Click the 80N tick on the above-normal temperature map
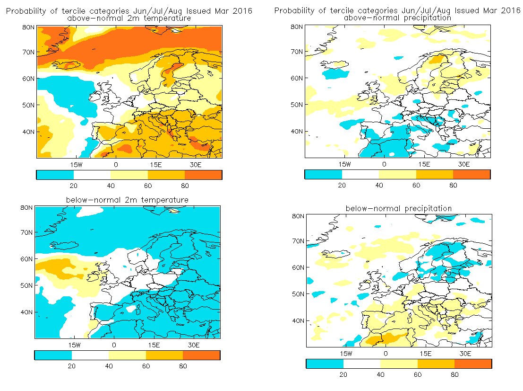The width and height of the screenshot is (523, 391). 28,27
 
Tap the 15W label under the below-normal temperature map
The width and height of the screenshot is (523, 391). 74,345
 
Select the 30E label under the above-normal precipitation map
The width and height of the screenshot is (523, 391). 463,164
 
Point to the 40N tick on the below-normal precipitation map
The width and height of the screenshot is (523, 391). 298,321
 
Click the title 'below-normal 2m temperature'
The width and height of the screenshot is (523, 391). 127,200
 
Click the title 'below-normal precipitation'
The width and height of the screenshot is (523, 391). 399,209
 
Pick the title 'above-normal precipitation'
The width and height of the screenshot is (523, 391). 398,18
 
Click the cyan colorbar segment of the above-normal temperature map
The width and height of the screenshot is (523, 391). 55,175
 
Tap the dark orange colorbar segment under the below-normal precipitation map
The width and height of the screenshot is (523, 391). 473,364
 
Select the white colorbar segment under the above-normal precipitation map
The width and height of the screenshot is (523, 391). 360,175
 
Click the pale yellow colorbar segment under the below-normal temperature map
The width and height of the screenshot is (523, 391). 127,355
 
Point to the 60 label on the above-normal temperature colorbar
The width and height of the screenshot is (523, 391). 148,186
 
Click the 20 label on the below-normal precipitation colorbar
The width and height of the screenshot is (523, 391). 343,374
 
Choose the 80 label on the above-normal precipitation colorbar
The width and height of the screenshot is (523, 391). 453,185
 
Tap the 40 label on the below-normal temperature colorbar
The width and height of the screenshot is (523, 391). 109,366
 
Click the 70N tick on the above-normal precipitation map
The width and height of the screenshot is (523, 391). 297,52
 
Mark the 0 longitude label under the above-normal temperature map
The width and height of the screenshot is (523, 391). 116,165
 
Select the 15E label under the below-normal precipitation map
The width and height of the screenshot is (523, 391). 425,354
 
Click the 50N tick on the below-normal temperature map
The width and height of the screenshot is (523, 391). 26,286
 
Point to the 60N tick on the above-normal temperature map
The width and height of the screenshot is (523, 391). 28,79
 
